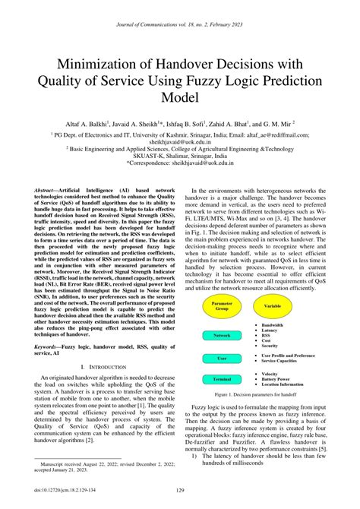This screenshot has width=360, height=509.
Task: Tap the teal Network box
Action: [223, 335]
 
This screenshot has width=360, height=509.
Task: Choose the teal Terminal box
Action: [223, 378]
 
